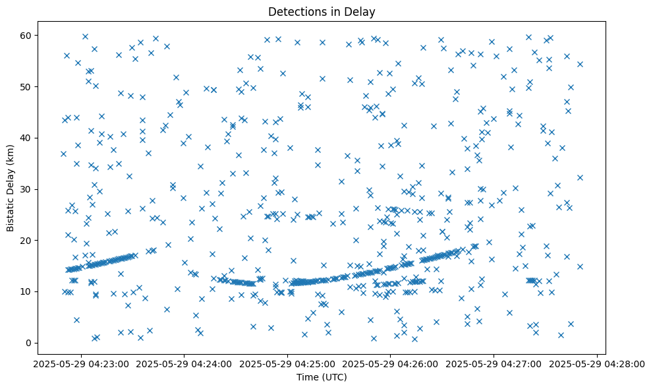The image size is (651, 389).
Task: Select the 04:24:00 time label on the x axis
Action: (184, 363)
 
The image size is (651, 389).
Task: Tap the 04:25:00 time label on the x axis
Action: (287, 363)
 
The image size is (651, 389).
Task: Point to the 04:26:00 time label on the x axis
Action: (391, 363)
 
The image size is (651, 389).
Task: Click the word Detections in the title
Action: (294, 11)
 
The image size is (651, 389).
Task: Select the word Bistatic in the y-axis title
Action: (11, 213)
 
